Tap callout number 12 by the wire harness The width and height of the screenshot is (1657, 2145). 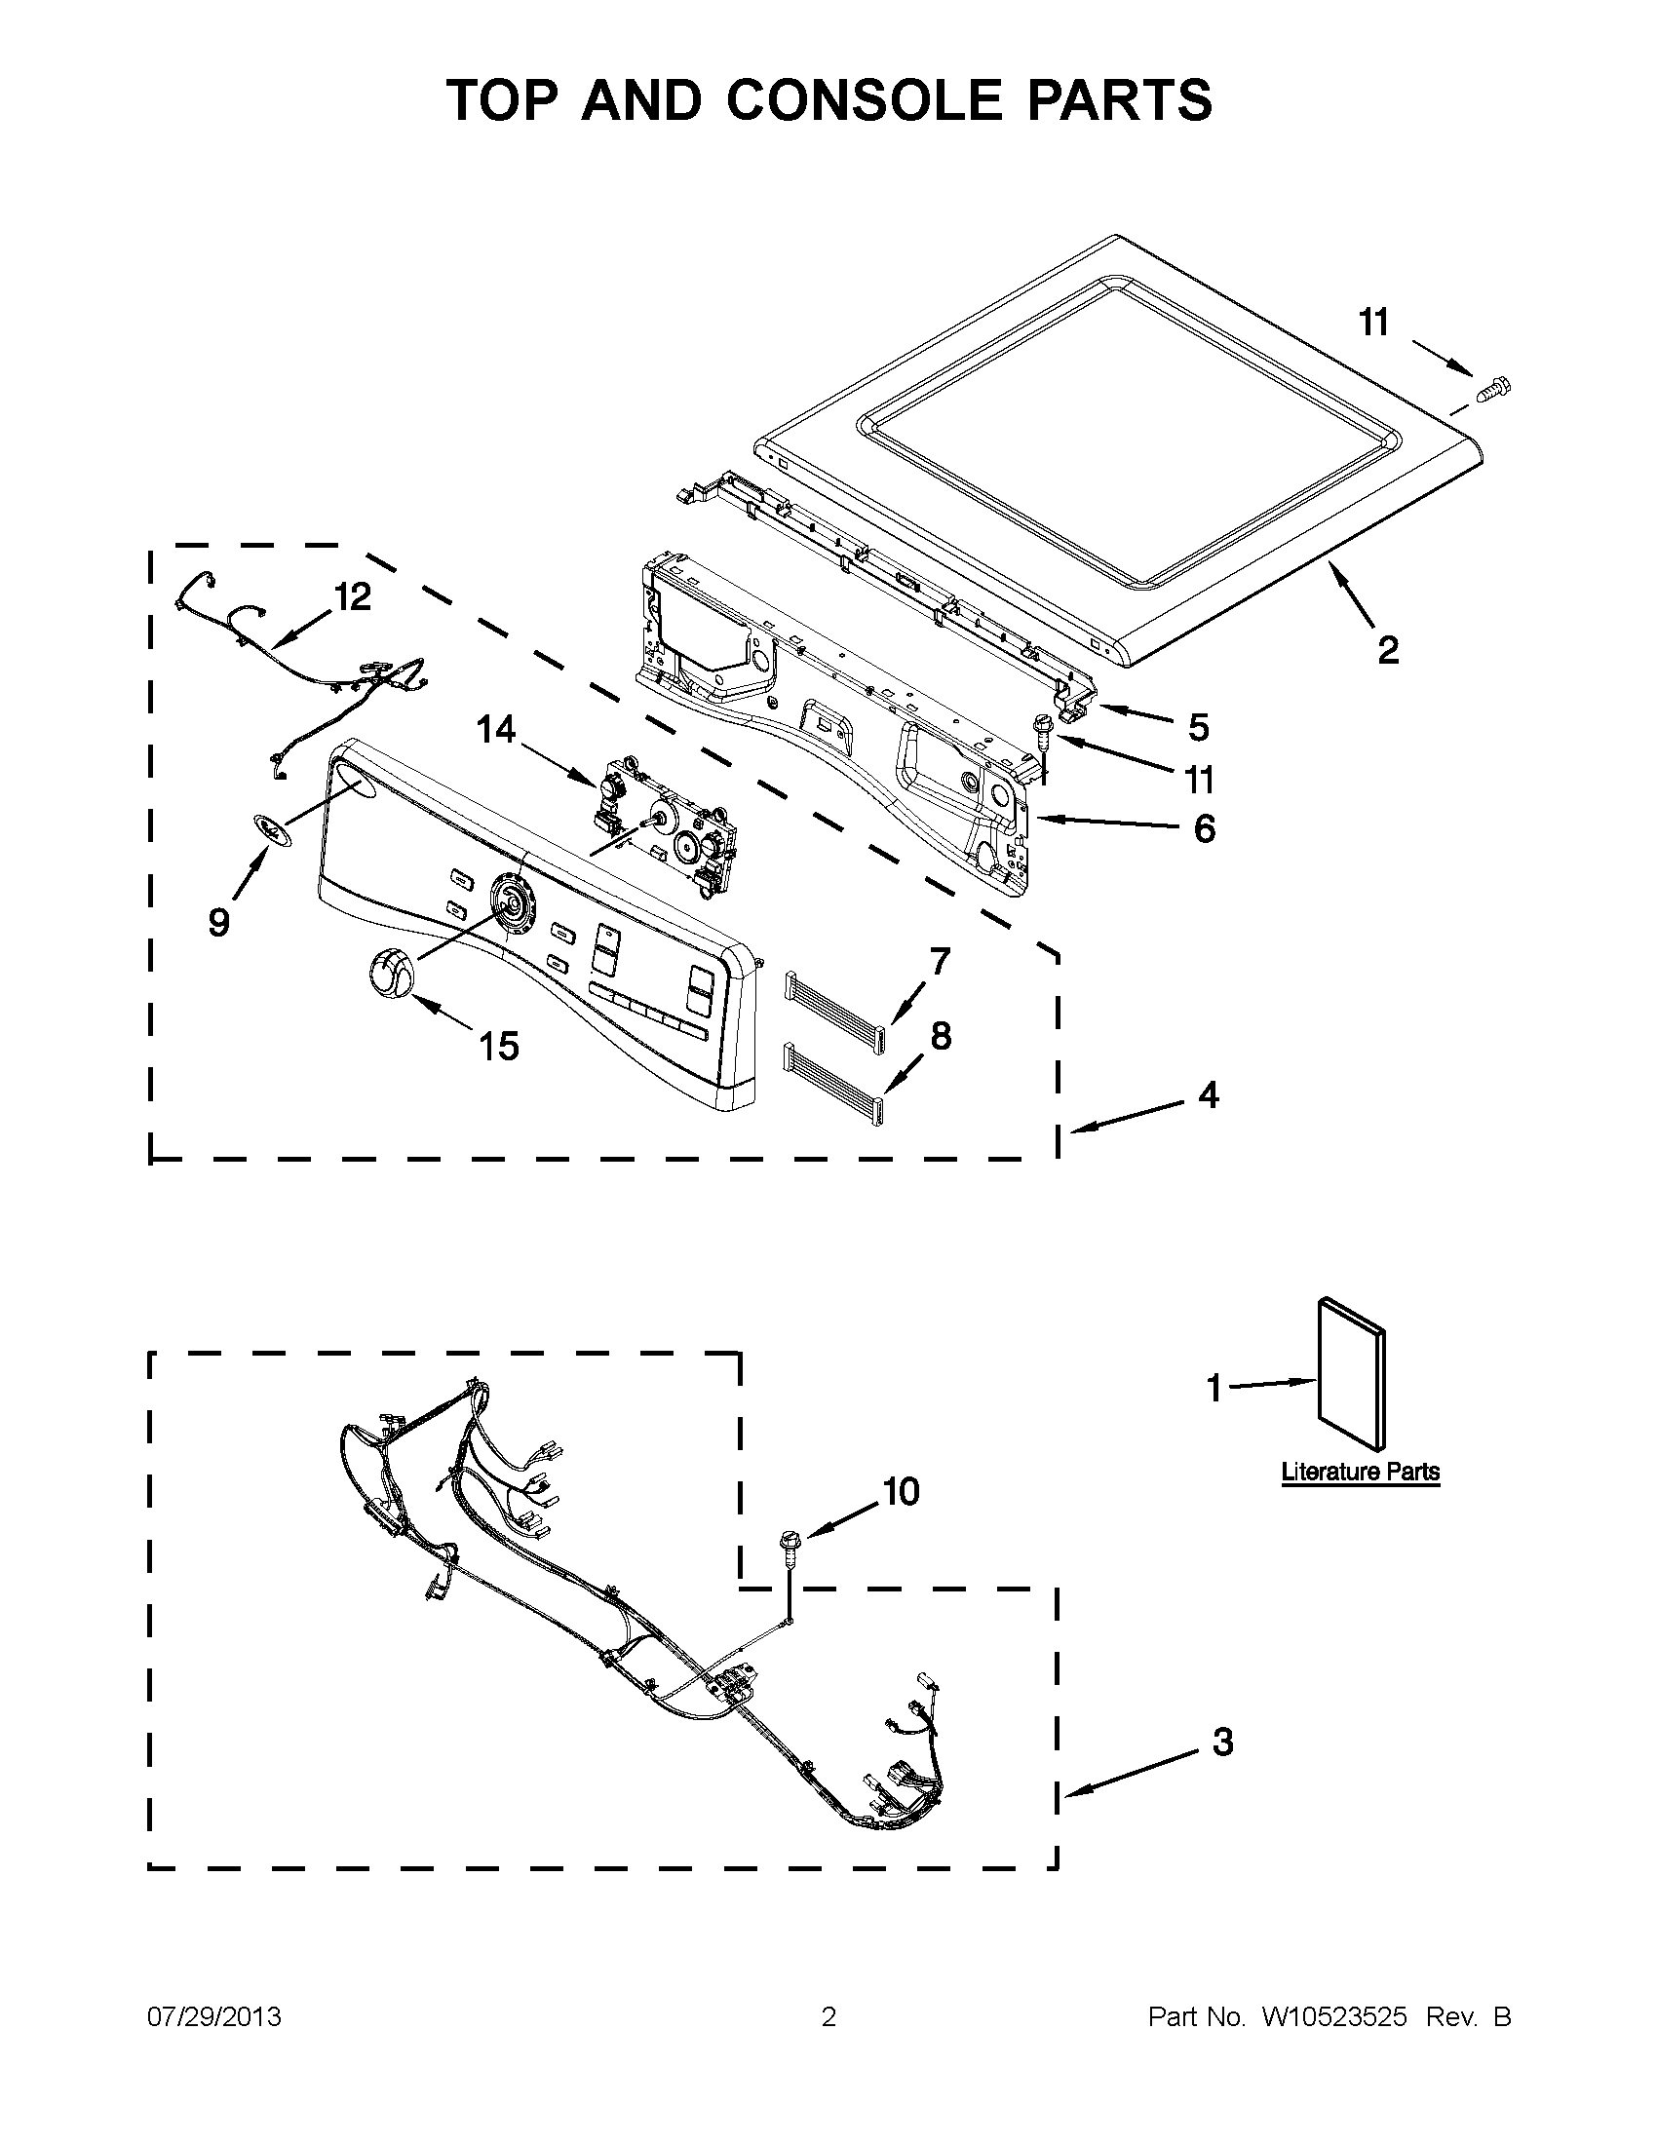(353, 596)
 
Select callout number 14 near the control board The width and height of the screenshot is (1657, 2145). (497, 730)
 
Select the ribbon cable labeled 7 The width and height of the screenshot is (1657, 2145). (836, 1004)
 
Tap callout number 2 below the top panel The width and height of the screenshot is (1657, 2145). (1387, 650)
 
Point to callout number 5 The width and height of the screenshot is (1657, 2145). (1198, 728)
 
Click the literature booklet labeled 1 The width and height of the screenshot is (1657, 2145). (1352, 1373)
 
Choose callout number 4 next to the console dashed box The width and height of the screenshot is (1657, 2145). (1208, 1094)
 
